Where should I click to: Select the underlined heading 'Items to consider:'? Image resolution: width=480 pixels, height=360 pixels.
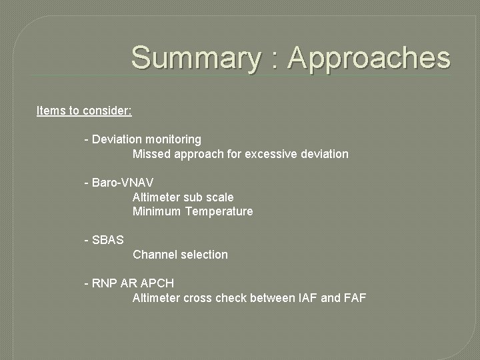(84, 111)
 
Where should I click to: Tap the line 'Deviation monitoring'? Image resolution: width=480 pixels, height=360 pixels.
(146, 139)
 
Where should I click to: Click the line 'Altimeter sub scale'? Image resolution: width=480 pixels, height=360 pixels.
(183, 197)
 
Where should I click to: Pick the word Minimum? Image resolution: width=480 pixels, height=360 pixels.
(157, 211)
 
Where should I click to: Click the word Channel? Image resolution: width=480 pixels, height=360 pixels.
(154, 255)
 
